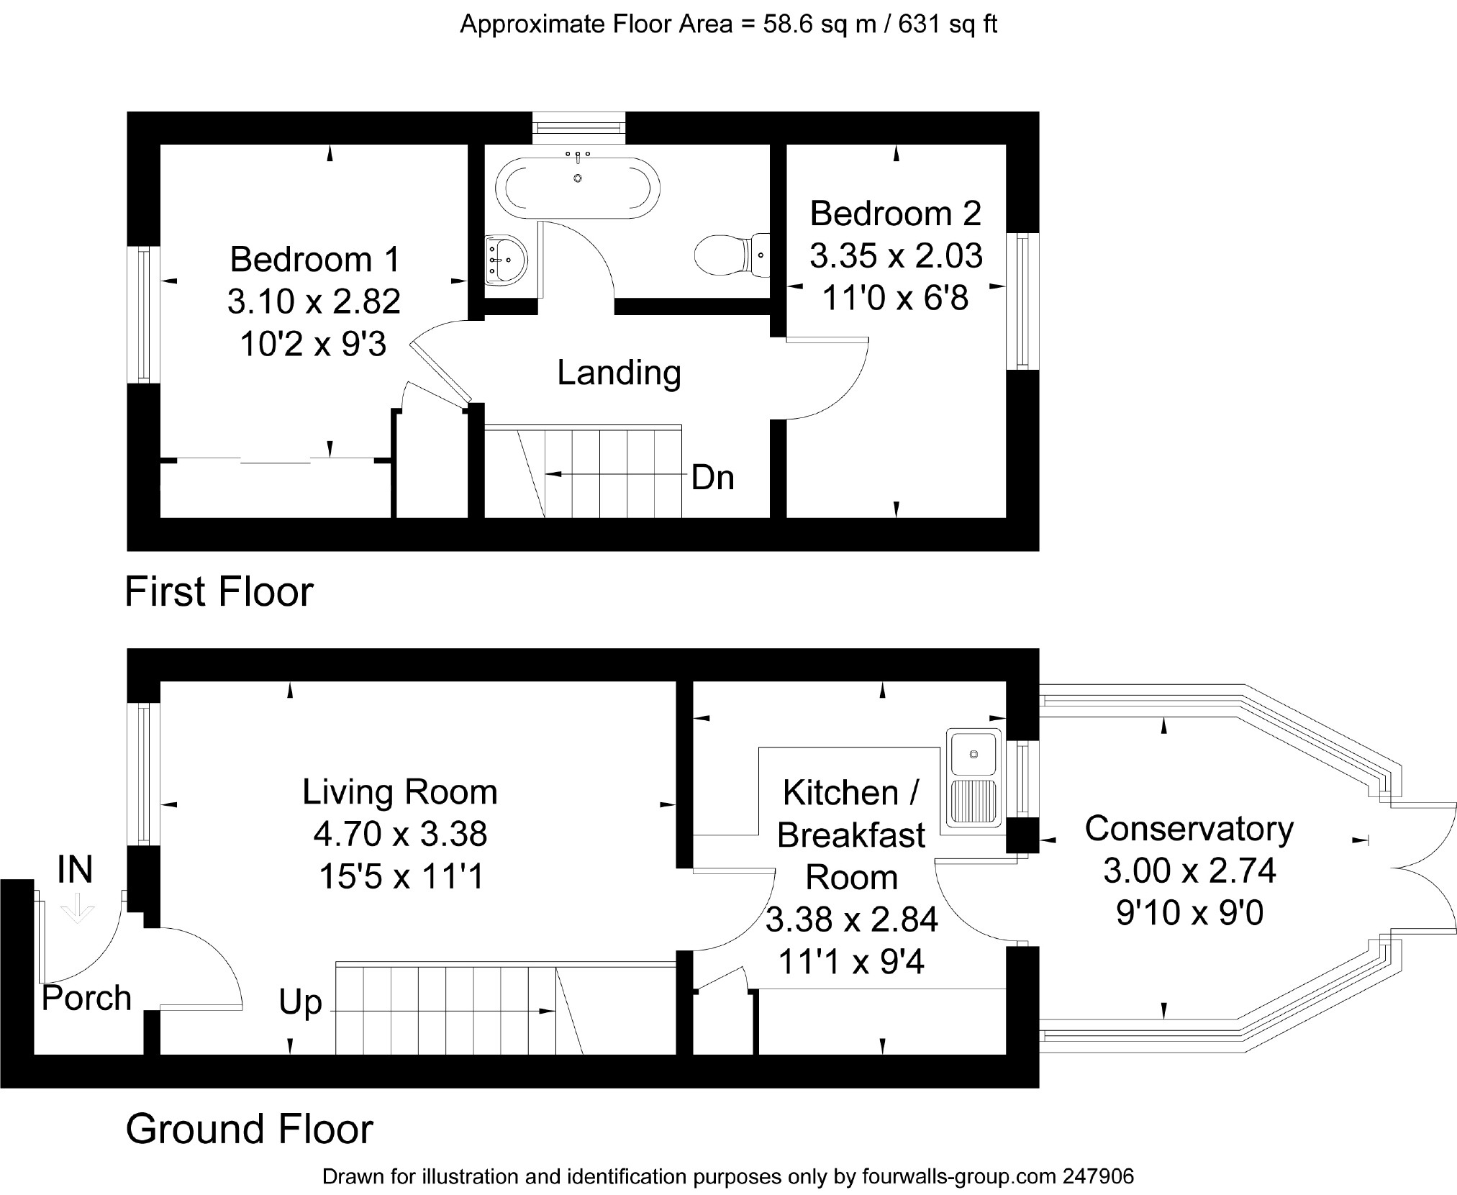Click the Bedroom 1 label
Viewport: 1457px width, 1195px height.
click(x=314, y=260)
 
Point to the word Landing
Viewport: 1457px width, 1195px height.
click(x=619, y=373)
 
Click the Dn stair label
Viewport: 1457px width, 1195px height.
click(x=712, y=478)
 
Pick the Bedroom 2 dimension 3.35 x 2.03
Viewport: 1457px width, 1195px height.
click(x=896, y=255)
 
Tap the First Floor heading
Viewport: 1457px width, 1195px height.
click(x=219, y=592)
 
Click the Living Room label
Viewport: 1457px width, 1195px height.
click(x=400, y=792)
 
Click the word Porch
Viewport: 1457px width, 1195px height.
click(x=86, y=998)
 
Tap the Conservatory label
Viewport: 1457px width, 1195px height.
click(x=1189, y=829)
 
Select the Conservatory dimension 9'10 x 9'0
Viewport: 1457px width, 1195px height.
click(x=1189, y=913)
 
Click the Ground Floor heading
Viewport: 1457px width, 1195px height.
click(x=250, y=1129)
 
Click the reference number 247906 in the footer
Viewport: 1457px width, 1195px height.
click(x=1098, y=1176)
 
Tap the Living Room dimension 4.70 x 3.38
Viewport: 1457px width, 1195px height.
click(x=400, y=835)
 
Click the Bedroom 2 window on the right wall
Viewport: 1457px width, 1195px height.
click(x=1022, y=301)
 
